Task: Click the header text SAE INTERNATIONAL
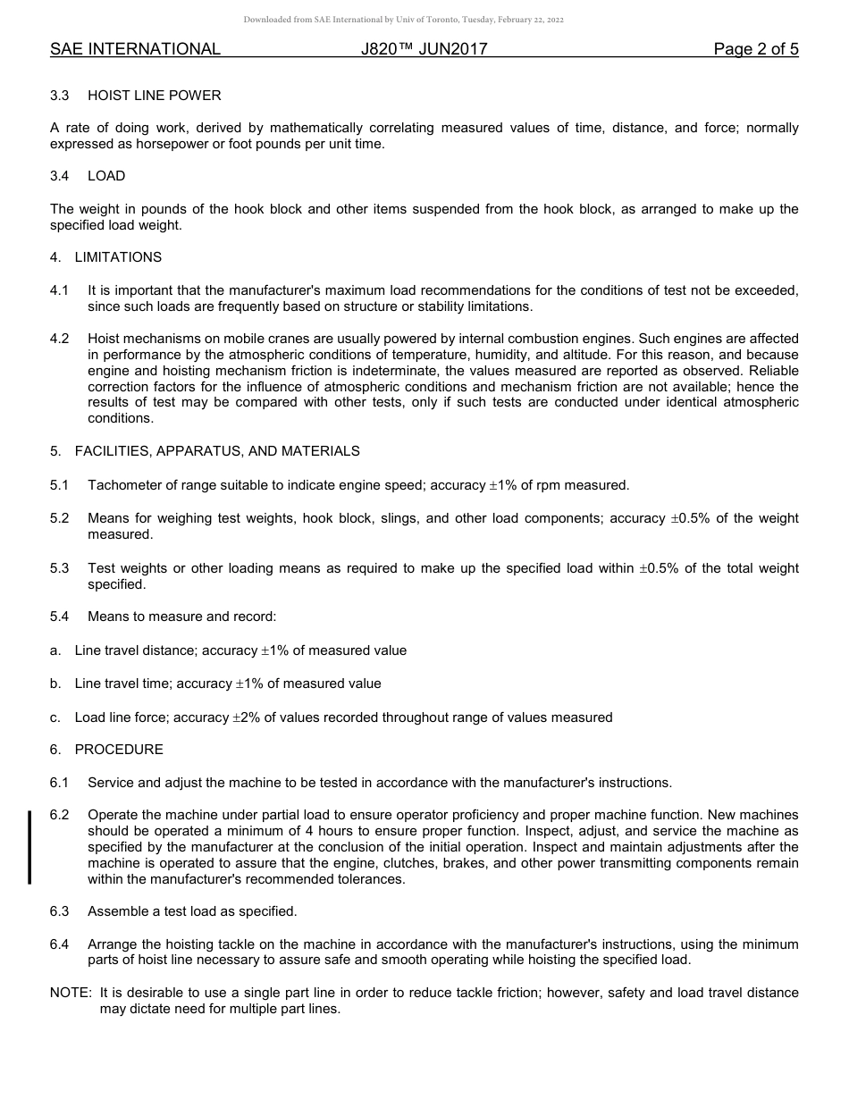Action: click(x=135, y=49)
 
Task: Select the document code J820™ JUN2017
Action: click(x=424, y=49)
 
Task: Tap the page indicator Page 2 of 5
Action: click(x=755, y=49)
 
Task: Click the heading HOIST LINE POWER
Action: click(x=154, y=96)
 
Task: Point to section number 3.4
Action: click(x=60, y=176)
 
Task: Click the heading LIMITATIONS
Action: click(x=118, y=257)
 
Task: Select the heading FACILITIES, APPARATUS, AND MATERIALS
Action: click(x=217, y=451)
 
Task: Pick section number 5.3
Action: click(x=60, y=568)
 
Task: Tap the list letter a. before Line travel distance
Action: click(x=55, y=650)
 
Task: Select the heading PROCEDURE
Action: click(x=119, y=750)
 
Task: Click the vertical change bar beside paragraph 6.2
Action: click(x=29, y=846)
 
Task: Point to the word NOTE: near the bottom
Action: click(x=71, y=993)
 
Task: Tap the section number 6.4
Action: click(x=60, y=944)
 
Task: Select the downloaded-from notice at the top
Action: click(x=403, y=20)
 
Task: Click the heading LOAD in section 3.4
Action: click(x=106, y=176)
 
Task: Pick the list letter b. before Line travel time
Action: click(x=55, y=684)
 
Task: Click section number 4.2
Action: click(x=60, y=339)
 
